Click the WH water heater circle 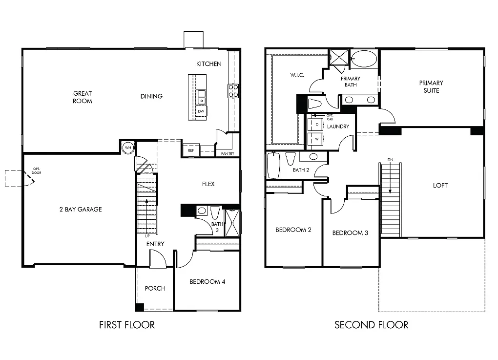pos(128,147)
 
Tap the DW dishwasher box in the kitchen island pos(201,111)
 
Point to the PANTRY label pos(228,154)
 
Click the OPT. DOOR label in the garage pos(37,170)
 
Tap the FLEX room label pos(208,184)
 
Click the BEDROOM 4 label pos(207,281)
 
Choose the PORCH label pos(155,288)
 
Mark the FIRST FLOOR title pos(126,325)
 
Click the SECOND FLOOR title pos(371,325)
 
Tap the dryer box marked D pos(317,125)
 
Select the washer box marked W pos(317,139)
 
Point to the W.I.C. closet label pos(297,75)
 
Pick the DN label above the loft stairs pos(390,160)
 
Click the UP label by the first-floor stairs pos(146,235)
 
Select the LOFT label pos(440,186)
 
